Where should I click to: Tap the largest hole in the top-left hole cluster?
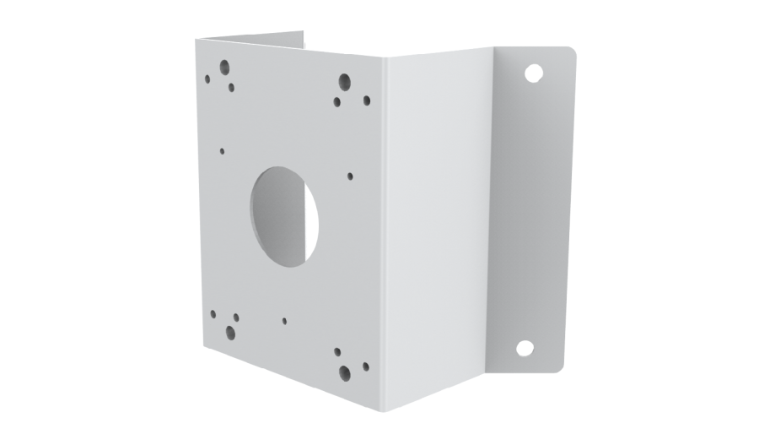point(226,66)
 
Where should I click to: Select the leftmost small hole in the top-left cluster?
point(207,79)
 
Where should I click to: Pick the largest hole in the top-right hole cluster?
point(344,82)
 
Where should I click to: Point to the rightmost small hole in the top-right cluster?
point(367,100)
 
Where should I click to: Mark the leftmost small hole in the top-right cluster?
point(336,102)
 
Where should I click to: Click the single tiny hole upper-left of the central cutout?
point(222,152)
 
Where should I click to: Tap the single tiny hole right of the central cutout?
point(350,176)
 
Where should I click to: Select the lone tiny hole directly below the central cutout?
point(285,322)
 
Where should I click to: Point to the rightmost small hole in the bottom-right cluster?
point(365,367)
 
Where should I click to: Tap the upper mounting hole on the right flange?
point(532,73)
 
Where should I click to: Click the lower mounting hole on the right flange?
point(524,347)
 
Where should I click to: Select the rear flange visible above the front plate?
point(253,39)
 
